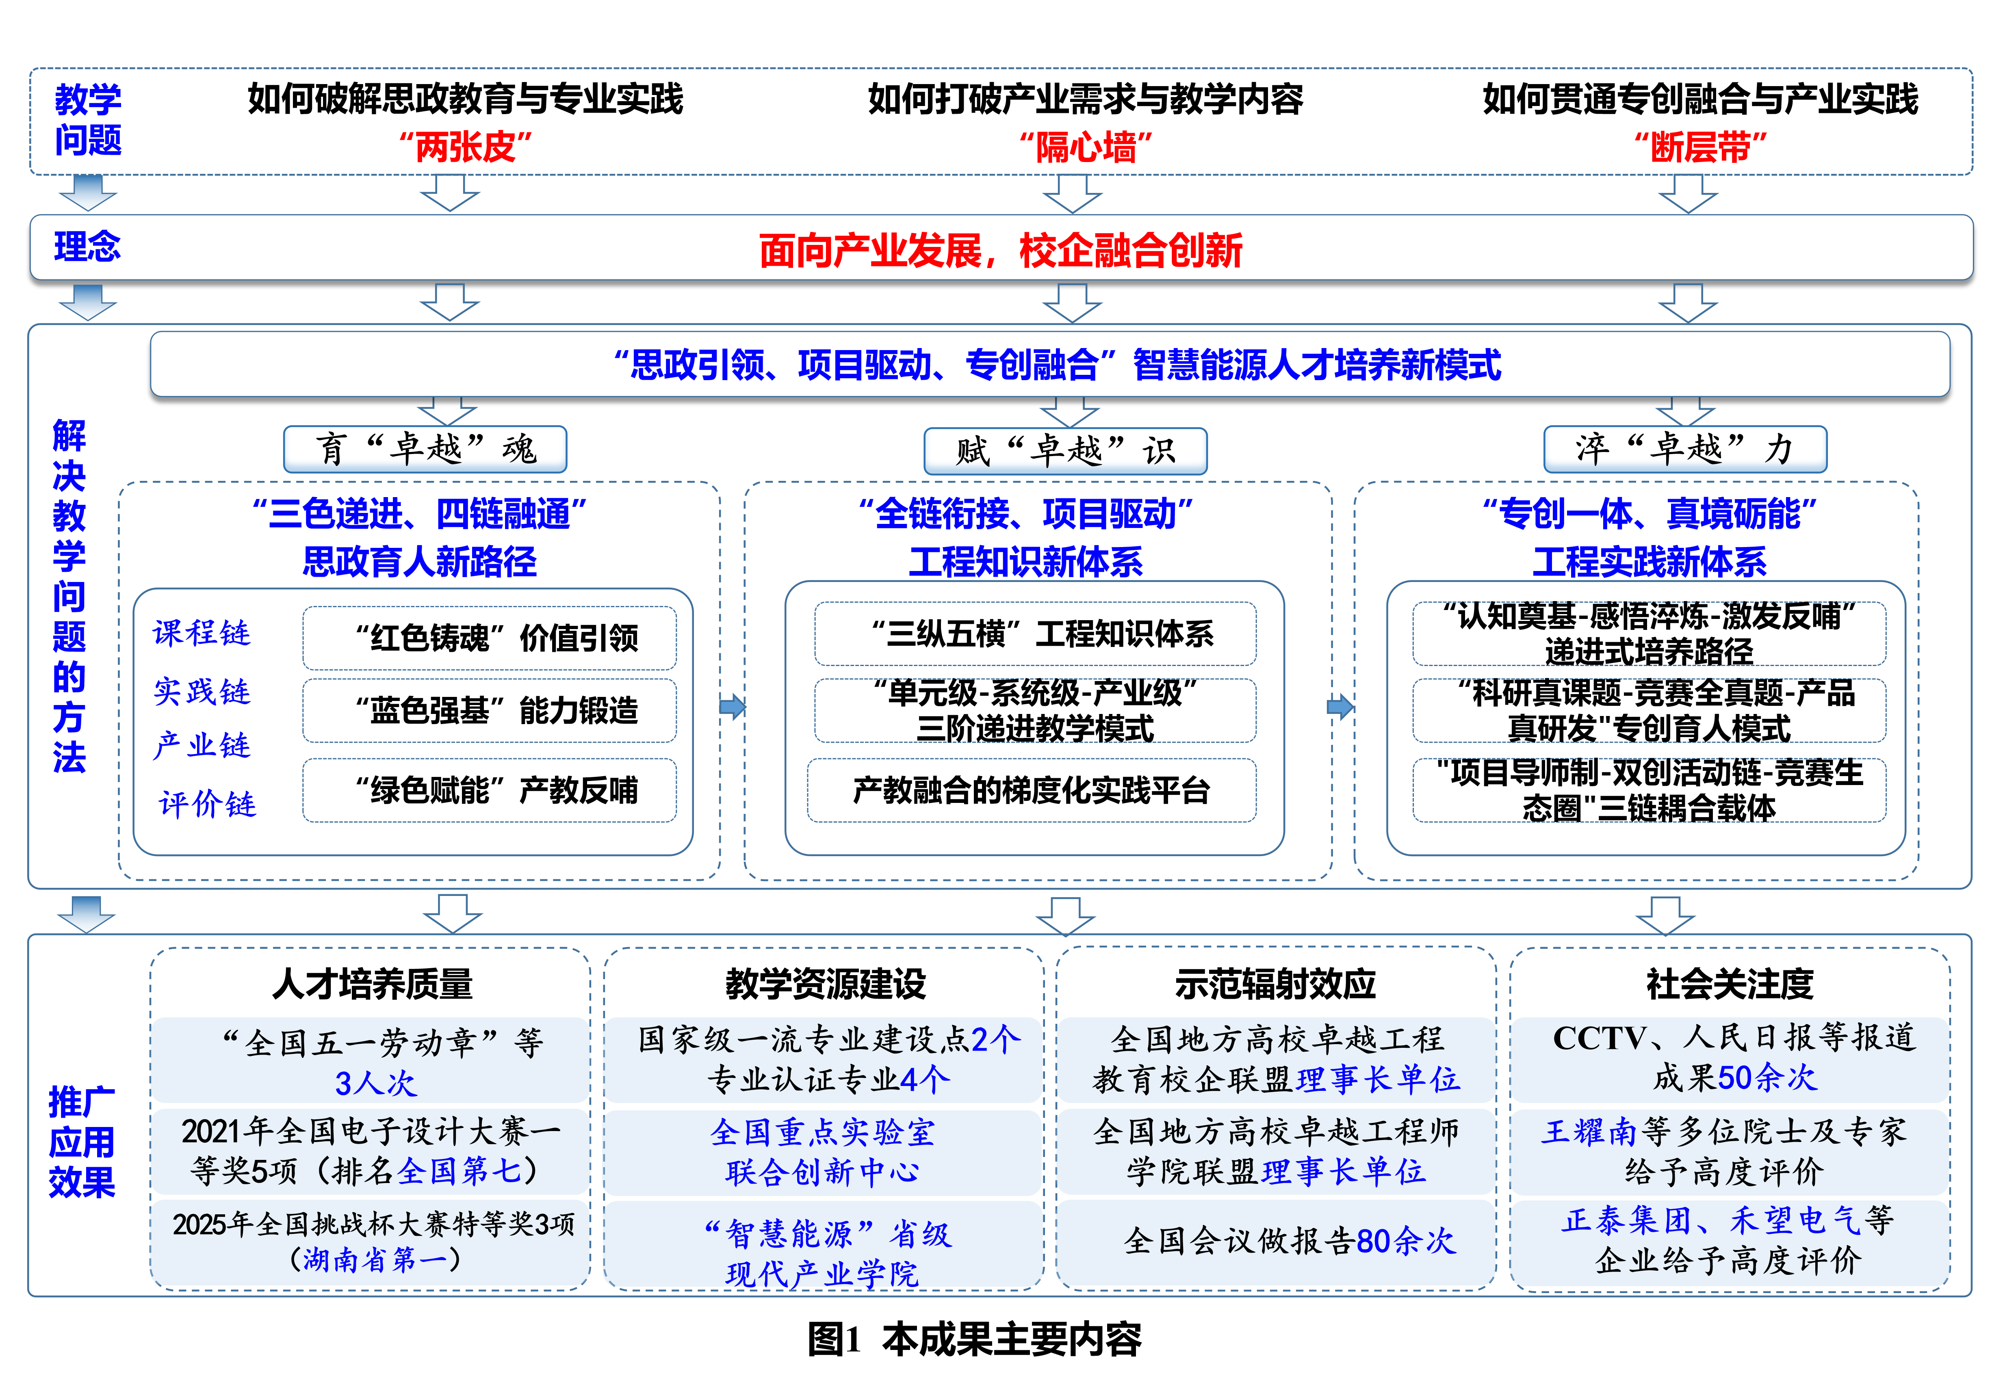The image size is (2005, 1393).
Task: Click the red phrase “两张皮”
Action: tap(465, 147)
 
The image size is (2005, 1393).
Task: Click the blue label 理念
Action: tap(87, 247)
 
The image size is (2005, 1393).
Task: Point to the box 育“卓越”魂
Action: tap(425, 450)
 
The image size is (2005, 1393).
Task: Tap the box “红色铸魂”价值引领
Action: tap(490, 638)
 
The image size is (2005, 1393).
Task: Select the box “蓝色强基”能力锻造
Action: tap(490, 710)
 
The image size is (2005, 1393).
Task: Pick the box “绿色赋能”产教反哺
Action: tap(490, 790)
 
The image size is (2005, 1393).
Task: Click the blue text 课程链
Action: tap(202, 633)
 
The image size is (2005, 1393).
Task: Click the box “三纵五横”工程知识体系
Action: tap(1035, 634)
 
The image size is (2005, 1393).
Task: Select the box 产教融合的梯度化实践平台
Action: tap(1032, 790)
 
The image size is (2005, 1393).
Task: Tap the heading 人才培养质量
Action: tap(373, 984)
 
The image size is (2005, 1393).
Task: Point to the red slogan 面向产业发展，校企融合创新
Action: tap(1000, 251)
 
